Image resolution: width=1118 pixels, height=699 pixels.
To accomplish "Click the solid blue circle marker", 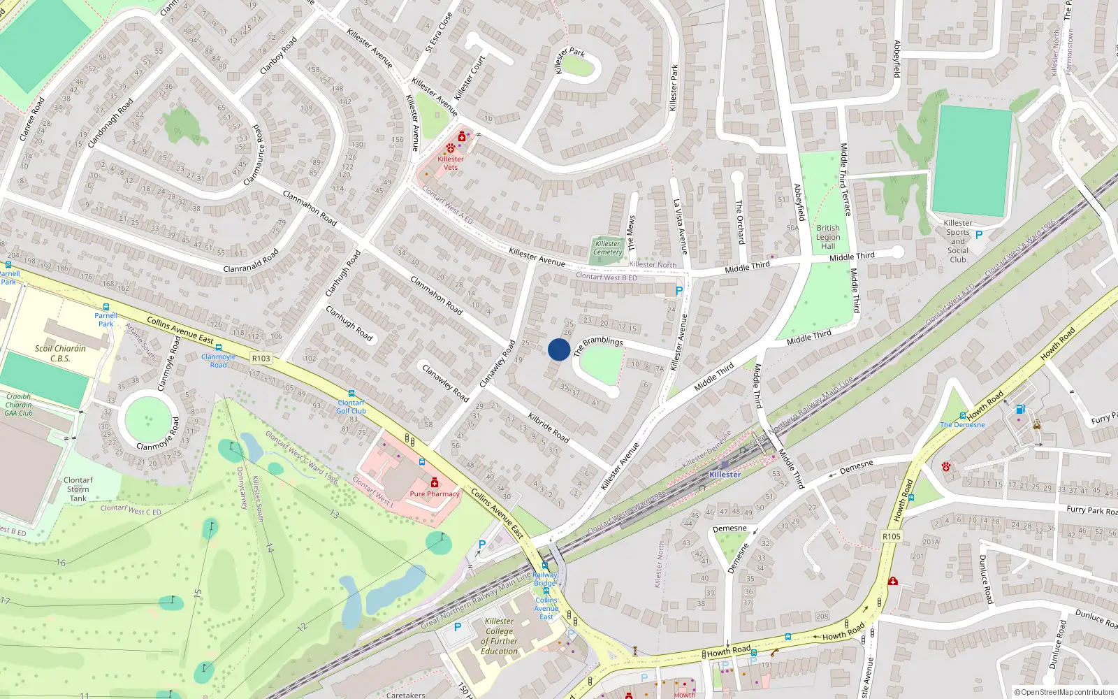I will point(559,349).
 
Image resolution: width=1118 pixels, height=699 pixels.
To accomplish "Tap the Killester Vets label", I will point(451,163).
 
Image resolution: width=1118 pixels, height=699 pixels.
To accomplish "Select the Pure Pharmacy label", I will point(435,493).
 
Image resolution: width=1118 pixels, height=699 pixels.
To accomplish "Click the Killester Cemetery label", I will point(607,248).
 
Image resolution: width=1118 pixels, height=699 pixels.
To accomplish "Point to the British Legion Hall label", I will point(828,237).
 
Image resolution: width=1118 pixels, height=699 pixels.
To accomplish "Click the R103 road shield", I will point(261,359).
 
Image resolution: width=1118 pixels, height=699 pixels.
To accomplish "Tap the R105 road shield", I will point(892,537).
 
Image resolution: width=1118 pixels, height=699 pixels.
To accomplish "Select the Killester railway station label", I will point(725,475).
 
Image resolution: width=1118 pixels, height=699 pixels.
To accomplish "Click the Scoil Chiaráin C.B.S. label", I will point(60,353).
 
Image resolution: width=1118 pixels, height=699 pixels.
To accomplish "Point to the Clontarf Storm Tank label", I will point(78,489).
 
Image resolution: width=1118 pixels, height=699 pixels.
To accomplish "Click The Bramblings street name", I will point(598,345).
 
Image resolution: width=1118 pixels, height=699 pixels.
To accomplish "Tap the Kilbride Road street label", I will point(549,427).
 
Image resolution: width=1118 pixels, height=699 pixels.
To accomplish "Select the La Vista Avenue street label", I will point(680,226).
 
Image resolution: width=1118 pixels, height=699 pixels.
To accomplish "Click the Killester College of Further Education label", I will point(499,636).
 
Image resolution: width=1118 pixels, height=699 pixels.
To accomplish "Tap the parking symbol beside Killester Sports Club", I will point(979,236).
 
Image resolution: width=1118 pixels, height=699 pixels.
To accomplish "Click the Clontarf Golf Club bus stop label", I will point(351,407).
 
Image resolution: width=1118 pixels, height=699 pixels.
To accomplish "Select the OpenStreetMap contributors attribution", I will point(1064,692).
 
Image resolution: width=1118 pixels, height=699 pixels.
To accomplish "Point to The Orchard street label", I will point(739,222).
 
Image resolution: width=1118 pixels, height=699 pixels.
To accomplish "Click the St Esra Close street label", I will point(440,33).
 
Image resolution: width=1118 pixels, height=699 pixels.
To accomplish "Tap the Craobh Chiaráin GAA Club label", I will point(19,405).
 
